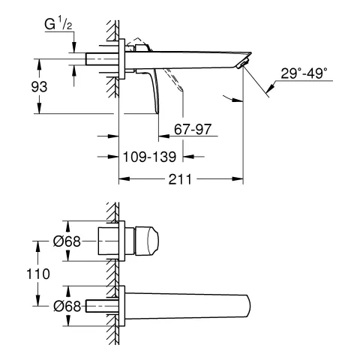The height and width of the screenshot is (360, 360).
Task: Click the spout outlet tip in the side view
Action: pyautogui.click(x=241, y=66)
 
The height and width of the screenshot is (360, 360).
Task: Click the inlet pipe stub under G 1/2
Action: pyautogui.click(x=97, y=59)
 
